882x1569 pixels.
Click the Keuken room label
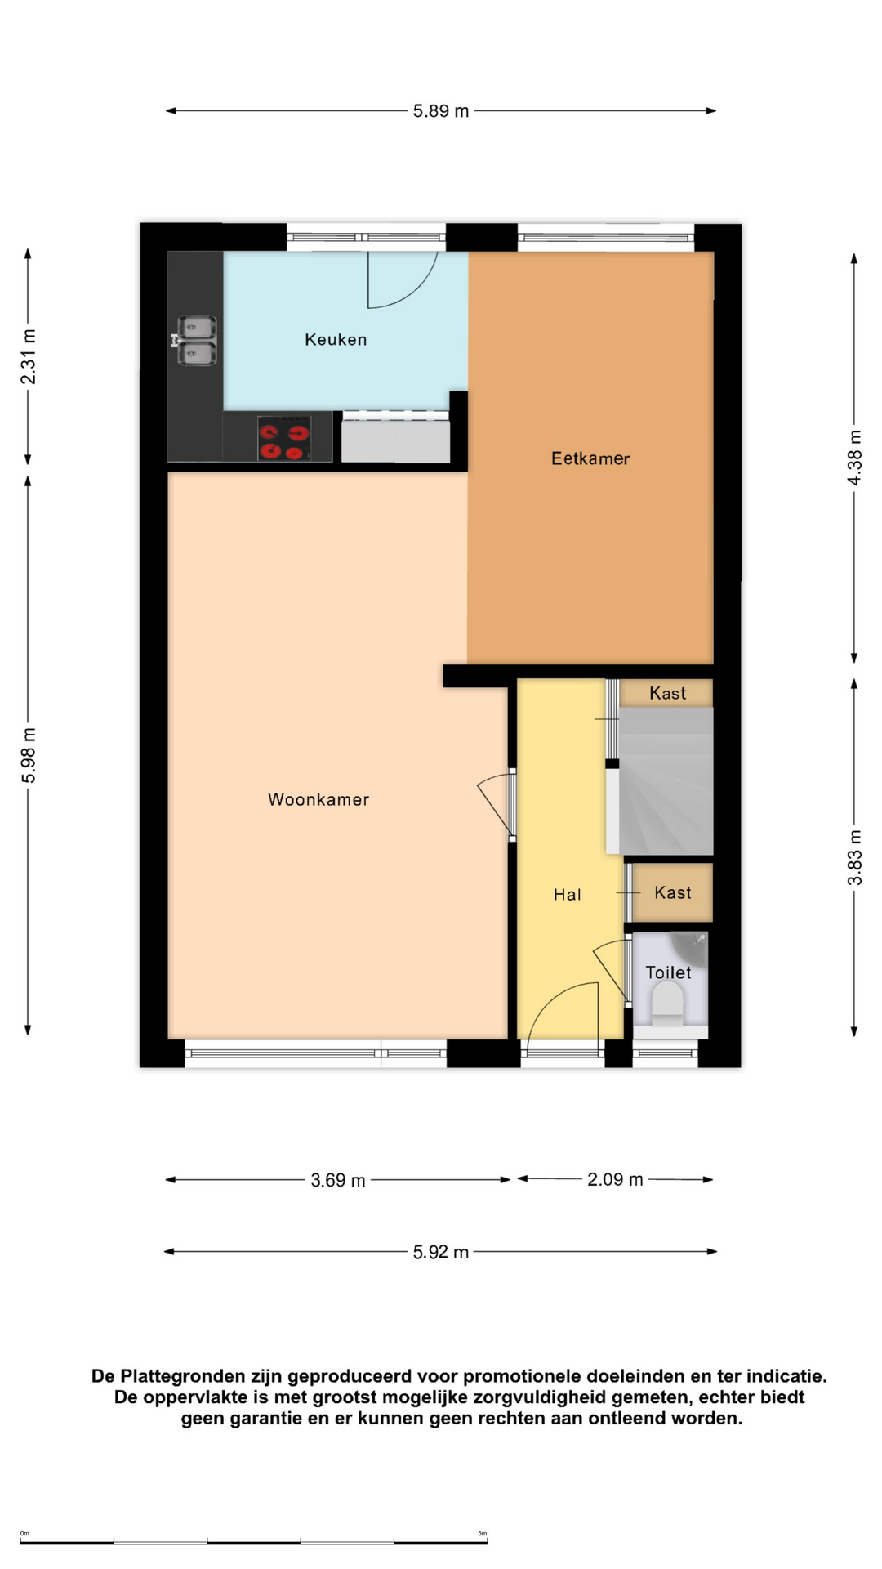click(336, 339)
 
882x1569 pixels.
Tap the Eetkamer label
click(590, 458)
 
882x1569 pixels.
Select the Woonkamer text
click(318, 799)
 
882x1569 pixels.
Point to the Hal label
click(568, 895)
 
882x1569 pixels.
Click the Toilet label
click(668, 972)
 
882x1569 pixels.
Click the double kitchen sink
click(196, 341)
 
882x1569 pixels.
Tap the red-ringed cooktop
click(284, 440)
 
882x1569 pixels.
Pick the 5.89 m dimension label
click(441, 111)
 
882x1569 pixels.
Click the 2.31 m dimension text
click(29, 356)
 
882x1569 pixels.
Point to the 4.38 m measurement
click(854, 458)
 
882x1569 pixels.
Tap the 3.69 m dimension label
click(338, 1180)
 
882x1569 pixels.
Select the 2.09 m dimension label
click(615, 1179)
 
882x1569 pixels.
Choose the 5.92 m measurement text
click(441, 1252)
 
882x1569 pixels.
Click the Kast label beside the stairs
click(668, 693)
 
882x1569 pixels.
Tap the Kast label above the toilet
click(673, 892)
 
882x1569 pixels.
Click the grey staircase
click(666, 780)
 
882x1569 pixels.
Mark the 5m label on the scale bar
click(483, 1534)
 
